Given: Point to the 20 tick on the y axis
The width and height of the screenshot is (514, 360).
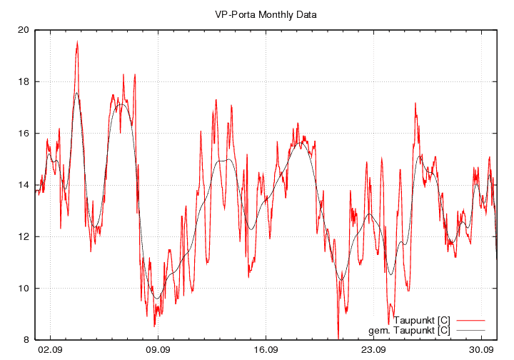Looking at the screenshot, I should pos(24,30).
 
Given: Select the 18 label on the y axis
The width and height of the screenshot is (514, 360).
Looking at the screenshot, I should pos(24,81).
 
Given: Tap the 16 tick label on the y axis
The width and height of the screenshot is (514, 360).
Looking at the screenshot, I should pos(24,134).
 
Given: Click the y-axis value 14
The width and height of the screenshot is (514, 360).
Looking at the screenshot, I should pos(24,185).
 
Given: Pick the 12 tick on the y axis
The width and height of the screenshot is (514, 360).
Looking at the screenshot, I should pos(24,236).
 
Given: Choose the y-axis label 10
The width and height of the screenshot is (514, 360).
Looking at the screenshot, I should pos(24,289).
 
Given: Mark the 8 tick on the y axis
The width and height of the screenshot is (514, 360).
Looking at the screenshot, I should pos(26,340).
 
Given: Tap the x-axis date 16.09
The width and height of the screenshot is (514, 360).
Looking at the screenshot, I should pos(266,350).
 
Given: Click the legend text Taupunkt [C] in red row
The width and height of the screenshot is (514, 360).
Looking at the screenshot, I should pos(421,320).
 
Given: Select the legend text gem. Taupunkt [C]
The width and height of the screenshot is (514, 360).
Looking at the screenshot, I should pos(409,330).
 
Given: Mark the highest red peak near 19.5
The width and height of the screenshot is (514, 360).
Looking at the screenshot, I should pos(77,42).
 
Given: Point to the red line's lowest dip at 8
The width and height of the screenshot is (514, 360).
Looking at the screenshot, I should pos(338,338).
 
